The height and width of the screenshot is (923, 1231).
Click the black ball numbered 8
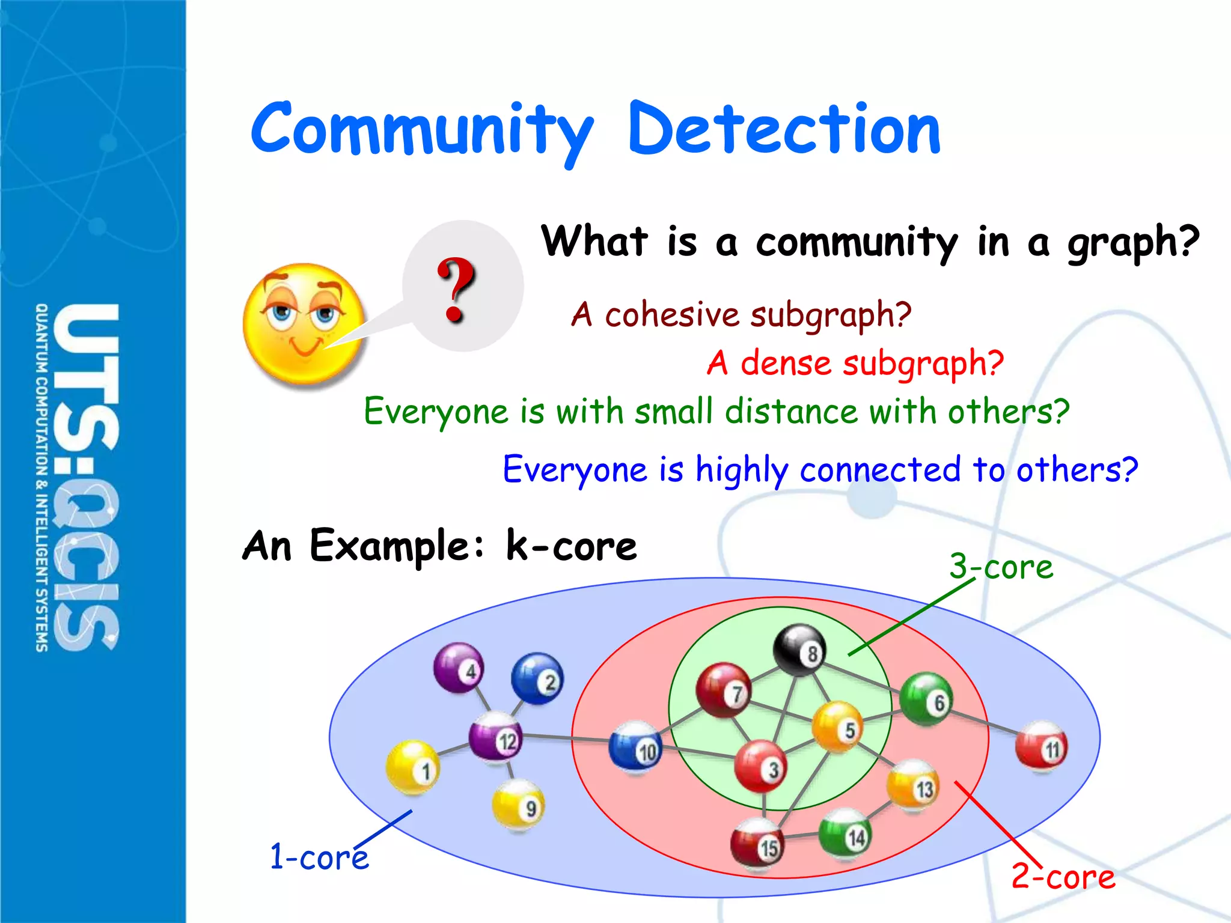coord(799,650)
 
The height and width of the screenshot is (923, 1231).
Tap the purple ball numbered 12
coord(495,737)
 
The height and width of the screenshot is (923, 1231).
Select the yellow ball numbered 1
coord(412,767)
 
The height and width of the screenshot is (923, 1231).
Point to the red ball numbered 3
coord(760,766)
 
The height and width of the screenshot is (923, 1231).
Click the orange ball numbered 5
coord(837,726)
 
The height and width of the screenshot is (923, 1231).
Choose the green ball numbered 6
coord(926,699)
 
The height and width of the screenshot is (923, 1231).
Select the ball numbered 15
coord(758,842)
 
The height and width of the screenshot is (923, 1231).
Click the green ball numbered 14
coord(845,833)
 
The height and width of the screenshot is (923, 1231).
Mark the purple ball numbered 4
coord(459,667)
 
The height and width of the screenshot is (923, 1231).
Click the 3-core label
coord(1001,567)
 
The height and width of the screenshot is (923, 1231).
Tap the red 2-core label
coord(1063,876)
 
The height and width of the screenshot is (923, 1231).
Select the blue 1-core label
coord(319,856)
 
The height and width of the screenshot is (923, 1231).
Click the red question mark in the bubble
coord(456,290)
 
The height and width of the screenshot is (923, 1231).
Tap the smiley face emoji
coord(304,324)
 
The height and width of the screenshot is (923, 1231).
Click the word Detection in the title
coord(784,129)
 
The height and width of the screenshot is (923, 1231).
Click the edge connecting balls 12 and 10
coord(565,737)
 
